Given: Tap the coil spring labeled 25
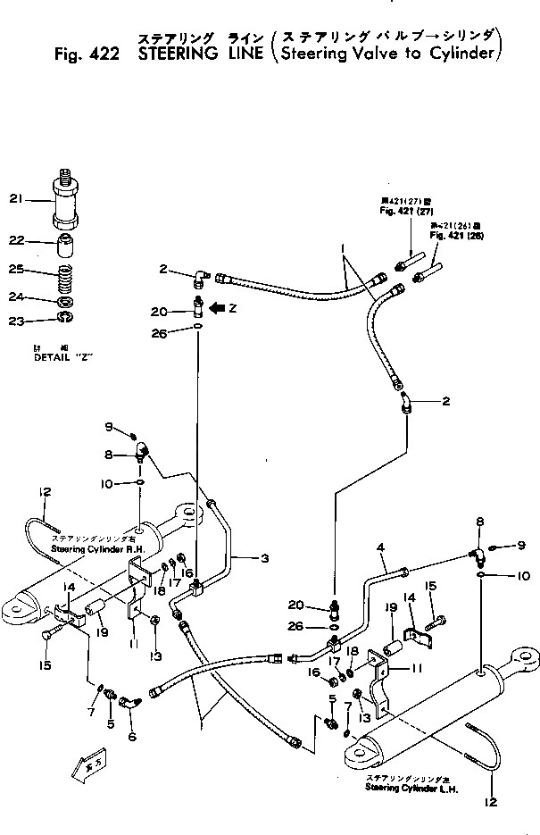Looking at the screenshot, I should tap(65, 273).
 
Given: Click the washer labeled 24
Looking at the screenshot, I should tap(64, 299).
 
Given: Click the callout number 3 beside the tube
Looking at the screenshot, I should tap(265, 559).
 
